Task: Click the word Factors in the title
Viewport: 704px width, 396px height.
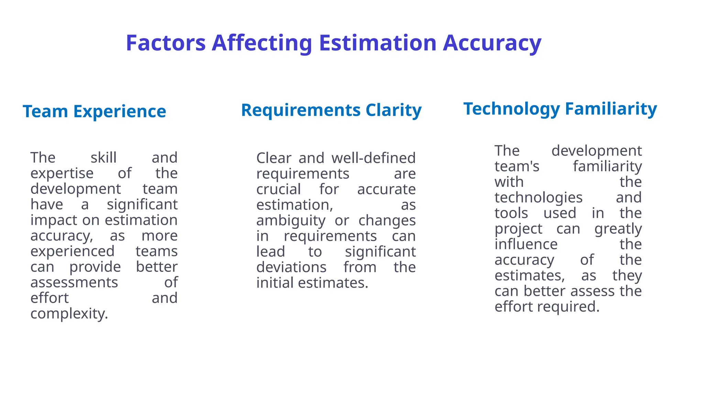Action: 165,43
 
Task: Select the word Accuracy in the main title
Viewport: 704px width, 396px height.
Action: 492,43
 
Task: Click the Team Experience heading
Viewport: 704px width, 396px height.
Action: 94,111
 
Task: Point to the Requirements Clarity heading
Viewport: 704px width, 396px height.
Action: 331,110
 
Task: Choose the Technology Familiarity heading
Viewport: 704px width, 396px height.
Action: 560,109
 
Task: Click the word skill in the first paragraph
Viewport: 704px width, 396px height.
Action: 103,158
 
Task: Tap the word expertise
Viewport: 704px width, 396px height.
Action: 62,173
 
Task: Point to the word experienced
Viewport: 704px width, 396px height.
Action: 72,251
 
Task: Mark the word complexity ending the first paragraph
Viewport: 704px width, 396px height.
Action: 69,313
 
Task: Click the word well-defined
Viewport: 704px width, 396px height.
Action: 373,158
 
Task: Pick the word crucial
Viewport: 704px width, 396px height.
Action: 278,189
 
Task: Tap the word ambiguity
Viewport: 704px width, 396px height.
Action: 291,221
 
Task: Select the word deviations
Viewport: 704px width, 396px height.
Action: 291,267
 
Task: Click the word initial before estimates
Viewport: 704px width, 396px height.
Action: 275,283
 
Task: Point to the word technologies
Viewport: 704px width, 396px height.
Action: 538,198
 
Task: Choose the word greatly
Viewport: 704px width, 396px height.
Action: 618,229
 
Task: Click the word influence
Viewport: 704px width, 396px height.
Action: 526,244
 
